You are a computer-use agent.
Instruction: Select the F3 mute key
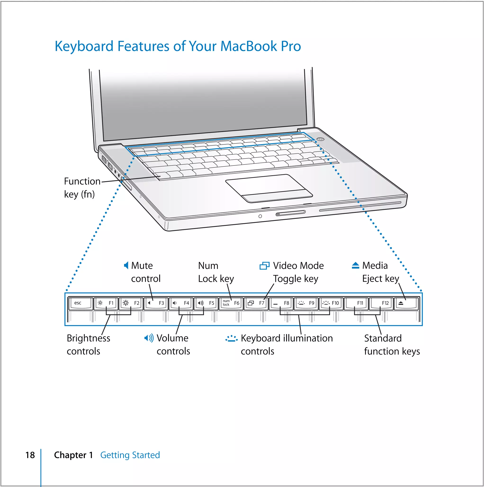[x=156, y=303]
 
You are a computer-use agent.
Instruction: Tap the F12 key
[x=381, y=303]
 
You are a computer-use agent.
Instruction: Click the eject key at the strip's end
[x=406, y=303]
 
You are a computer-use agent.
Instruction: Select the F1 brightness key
[x=106, y=303]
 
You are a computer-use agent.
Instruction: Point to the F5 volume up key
[x=206, y=303]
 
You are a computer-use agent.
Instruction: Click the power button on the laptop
[x=320, y=139]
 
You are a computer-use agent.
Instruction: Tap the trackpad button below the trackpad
[x=277, y=196]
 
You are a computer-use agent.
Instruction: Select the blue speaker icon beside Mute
[x=126, y=265]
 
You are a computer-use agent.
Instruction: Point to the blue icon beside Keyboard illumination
[x=231, y=339]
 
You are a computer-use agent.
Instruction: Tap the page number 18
[x=30, y=455]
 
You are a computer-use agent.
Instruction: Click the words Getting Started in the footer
[x=130, y=455]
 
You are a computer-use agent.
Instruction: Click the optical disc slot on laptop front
[x=360, y=206]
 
